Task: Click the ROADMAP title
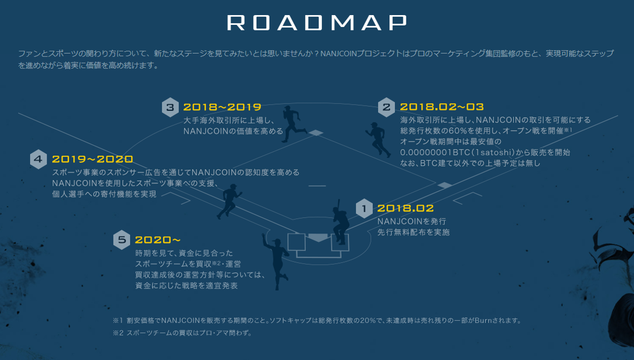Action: [x=317, y=22]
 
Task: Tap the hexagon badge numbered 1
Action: [x=364, y=209]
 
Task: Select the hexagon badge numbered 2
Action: [x=386, y=107]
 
